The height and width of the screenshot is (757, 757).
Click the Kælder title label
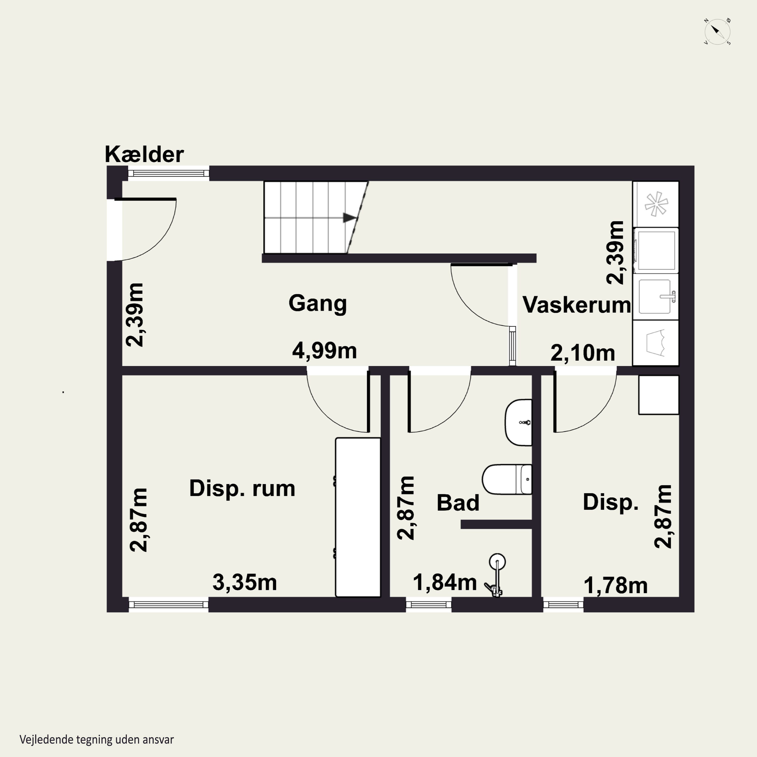click(x=144, y=154)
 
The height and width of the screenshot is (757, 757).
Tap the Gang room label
click(x=318, y=304)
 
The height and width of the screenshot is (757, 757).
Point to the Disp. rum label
click(x=242, y=489)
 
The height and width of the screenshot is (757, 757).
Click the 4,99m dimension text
click(x=325, y=351)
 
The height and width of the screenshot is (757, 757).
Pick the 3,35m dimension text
click(x=245, y=583)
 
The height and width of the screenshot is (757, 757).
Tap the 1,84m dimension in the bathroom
click(x=445, y=583)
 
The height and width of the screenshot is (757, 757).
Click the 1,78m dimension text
click(x=615, y=586)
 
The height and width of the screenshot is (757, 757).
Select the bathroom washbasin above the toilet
click(x=518, y=423)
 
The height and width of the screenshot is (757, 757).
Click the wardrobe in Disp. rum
click(x=358, y=518)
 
